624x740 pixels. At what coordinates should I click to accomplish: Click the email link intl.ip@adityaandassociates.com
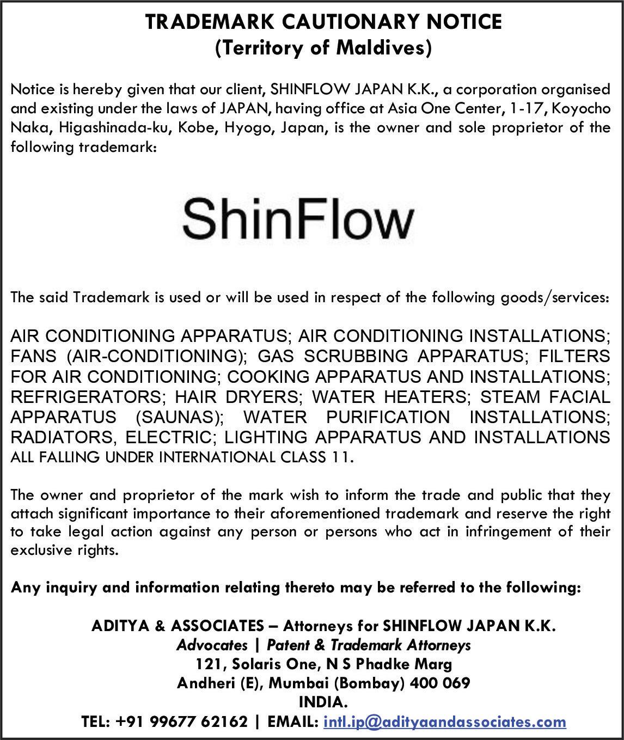(x=444, y=721)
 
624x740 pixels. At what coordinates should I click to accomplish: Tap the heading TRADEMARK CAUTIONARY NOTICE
(x=323, y=22)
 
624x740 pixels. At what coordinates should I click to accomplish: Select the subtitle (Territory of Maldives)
(x=323, y=48)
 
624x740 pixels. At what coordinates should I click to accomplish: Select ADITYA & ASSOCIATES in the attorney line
(x=178, y=626)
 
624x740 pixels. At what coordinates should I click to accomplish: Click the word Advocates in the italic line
(x=212, y=645)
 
